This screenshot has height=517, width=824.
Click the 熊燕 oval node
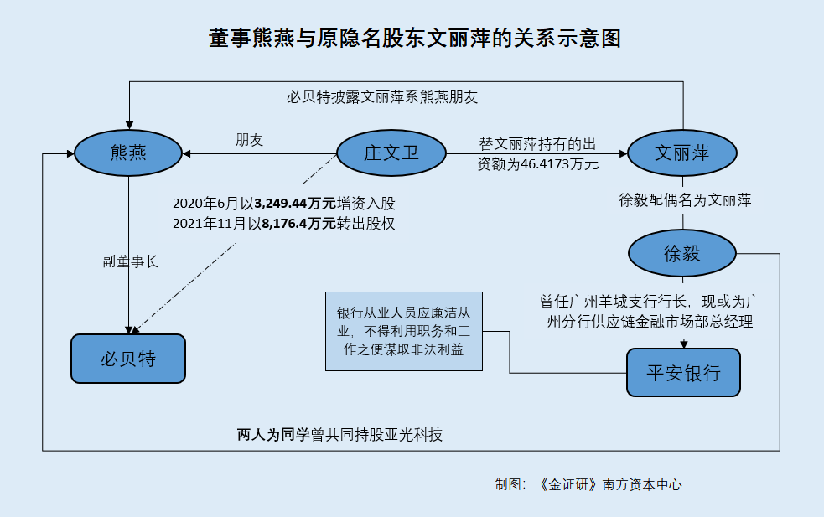pyautogui.click(x=128, y=153)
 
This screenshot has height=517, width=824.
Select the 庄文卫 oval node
pyautogui.click(x=391, y=153)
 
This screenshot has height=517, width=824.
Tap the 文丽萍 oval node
pyautogui.click(x=683, y=153)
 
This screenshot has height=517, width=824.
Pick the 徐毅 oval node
pyautogui.click(x=682, y=254)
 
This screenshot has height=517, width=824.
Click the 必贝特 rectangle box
pyautogui.click(x=128, y=358)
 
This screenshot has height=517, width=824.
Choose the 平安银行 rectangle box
pyautogui.click(x=683, y=372)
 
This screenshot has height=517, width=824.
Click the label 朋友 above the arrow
pyautogui.click(x=249, y=140)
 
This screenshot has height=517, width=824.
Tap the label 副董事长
pyautogui.click(x=131, y=261)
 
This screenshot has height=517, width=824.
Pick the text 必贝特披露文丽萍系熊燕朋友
pyautogui.click(x=382, y=96)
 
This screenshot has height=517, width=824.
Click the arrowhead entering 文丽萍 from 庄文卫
pyautogui.click(x=623, y=153)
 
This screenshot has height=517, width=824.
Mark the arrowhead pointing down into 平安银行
pyautogui.click(x=684, y=344)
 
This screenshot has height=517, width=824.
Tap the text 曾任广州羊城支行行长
pyautogui.click(x=614, y=300)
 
